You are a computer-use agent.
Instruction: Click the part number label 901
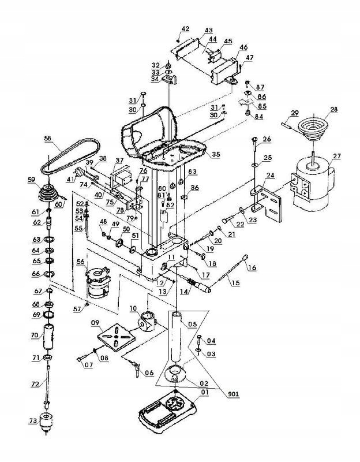tap(233, 394)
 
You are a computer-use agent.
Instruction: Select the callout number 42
tap(186, 28)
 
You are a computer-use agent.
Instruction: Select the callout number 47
tap(250, 57)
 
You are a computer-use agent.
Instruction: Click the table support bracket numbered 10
tap(148, 319)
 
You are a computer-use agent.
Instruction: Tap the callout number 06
tap(149, 372)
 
